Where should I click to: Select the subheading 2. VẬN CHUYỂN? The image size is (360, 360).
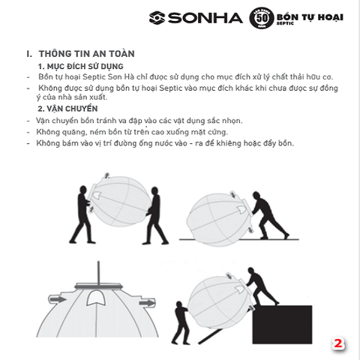pyautogui.click(x=67, y=109)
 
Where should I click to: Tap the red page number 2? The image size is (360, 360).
pyautogui.click(x=338, y=344)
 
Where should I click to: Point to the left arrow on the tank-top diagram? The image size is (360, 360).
pyautogui.click(x=56, y=298)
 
